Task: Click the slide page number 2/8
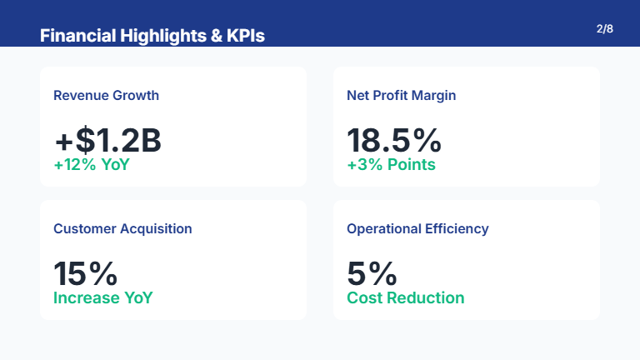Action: [x=605, y=29]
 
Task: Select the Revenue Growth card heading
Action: [x=106, y=95]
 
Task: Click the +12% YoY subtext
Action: [x=92, y=165]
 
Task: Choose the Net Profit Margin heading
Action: [x=401, y=95]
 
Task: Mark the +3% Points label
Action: [x=391, y=165]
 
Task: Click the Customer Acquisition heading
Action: [x=122, y=228]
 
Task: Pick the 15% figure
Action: [x=86, y=273]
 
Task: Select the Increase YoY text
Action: [x=103, y=298]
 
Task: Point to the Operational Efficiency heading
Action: [x=417, y=228]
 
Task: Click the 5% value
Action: [x=372, y=273]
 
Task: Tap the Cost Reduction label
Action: [x=405, y=298]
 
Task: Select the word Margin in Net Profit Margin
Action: [x=435, y=95]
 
